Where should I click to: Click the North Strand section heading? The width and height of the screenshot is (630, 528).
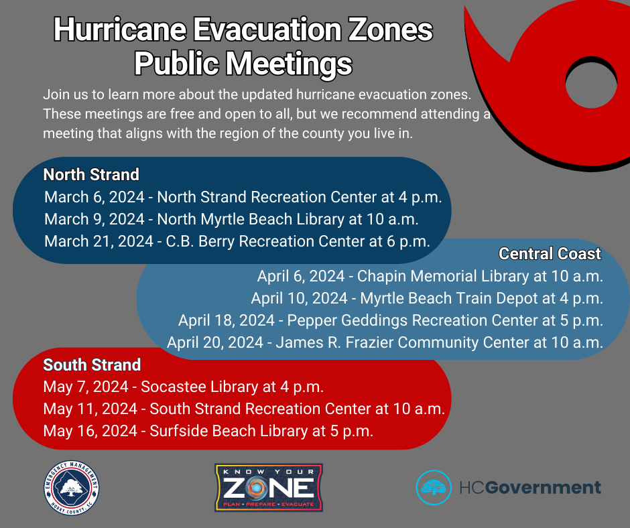[x=91, y=175]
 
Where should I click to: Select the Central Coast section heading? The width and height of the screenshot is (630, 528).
[x=550, y=254]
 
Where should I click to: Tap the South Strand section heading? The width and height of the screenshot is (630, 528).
[x=92, y=365]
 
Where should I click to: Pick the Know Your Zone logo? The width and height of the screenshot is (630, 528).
[x=268, y=487]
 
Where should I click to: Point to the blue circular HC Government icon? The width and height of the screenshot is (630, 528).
[x=434, y=487]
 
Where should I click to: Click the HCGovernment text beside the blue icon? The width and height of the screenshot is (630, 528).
[x=529, y=487]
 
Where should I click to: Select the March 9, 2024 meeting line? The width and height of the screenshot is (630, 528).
[x=231, y=219]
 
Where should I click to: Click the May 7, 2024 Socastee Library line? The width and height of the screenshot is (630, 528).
[x=184, y=387]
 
